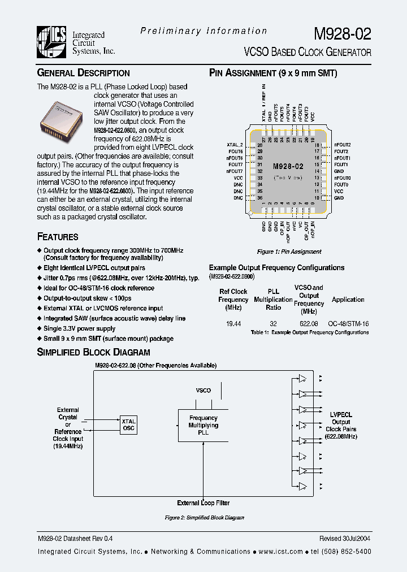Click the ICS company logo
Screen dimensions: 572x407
pos(52,42)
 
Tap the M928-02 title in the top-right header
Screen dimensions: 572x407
pos(342,34)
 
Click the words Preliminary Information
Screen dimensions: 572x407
pos(203,31)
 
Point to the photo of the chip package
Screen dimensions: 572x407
pos(64,120)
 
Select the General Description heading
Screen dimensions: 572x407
pos(83,73)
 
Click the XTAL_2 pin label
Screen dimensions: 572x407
pos(235,145)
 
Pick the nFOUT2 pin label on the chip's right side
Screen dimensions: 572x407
pos(343,145)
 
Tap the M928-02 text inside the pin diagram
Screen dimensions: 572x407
pos(288,167)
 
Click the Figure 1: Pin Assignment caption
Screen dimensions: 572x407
pos(289,252)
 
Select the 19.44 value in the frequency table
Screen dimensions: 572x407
pos(233,324)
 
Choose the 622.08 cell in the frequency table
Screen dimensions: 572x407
pos(309,324)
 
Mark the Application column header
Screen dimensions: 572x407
pos(348,300)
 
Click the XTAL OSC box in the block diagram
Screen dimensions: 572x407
pos(129,425)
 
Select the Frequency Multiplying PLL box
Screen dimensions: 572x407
pos(203,426)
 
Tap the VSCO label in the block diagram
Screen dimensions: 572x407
pos(203,391)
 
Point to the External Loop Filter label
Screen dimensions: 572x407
pos(203,502)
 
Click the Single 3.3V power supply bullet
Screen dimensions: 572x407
pos(79,328)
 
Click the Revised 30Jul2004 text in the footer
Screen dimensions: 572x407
pos(345,540)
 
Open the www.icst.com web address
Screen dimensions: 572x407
pos(280,552)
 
